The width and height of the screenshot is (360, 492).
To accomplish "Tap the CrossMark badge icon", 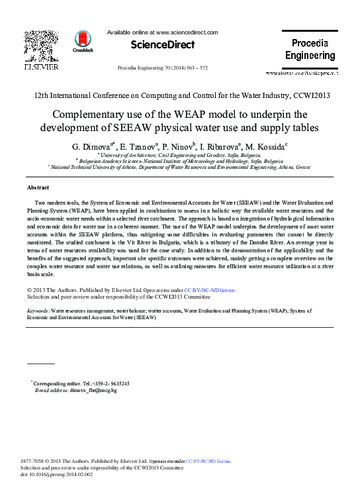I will coord(83,40).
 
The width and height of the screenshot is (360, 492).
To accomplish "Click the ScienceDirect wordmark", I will coord(163,45).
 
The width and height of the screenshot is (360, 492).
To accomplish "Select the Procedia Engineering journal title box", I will coord(310,49).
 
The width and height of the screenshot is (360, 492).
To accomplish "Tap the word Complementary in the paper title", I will coord(92,113).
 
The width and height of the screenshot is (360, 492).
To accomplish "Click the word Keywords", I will coord(37,310).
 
